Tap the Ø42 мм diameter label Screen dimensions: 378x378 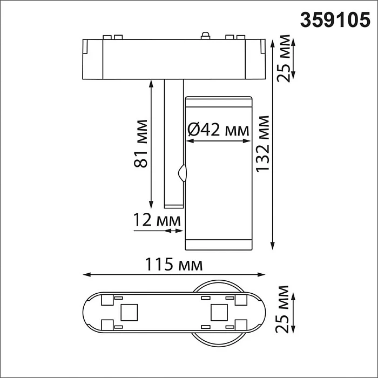click(x=218, y=130)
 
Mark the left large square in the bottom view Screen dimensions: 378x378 click(x=129, y=312)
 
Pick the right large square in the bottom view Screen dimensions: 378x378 click(x=219, y=312)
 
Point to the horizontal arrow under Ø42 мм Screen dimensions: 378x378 click(x=218, y=141)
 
